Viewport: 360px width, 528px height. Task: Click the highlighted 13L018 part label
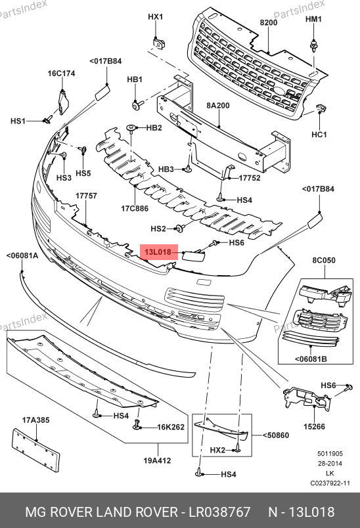[x=158, y=252]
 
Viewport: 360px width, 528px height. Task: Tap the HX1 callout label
[x=156, y=16]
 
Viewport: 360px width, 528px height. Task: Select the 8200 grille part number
[x=269, y=22]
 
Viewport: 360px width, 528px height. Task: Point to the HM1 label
[x=313, y=19]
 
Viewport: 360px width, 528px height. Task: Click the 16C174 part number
[x=61, y=73]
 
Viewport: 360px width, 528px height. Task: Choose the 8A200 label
[x=218, y=105]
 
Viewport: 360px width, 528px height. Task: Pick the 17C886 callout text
[x=135, y=208]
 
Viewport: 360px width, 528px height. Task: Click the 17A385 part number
[x=35, y=420]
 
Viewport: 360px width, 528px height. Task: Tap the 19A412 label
[x=157, y=460]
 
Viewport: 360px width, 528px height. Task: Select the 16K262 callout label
[x=171, y=427]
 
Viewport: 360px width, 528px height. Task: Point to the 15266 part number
[x=314, y=427]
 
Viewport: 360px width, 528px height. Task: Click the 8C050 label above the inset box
[x=324, y=260]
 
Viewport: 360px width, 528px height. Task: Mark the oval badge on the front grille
[x=279, y=90]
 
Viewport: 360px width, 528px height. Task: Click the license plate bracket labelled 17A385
[x=35, y=450]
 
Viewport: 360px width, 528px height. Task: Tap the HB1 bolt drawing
[x=138, y=104]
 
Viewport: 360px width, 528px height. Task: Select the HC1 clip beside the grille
[x=321, y=108]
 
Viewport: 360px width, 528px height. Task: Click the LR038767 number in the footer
[x=219, y=512]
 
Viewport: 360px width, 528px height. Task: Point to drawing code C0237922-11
[x=330, y=483]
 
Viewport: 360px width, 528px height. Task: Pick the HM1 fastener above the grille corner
[x=314, y=45]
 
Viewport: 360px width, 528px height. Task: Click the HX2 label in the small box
[x=217, y=450]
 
